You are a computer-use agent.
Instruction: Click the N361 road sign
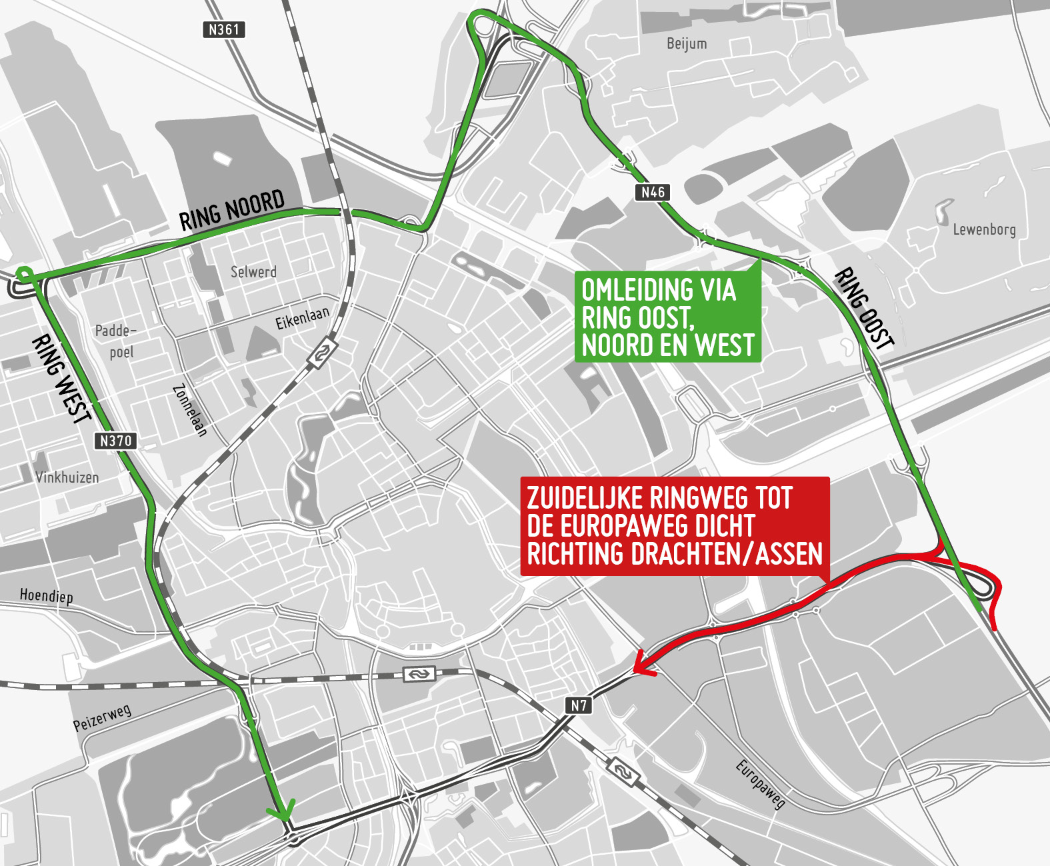click(x=223, y=29)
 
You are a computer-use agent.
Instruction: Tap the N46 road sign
click(x=653, y=192)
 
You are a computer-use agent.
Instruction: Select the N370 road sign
click(x=116, y=441)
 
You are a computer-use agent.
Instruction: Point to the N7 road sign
click(x=579, y=705)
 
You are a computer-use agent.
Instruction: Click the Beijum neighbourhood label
click(x=687, y=44)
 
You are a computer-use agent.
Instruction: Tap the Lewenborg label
click(x=984, y=230)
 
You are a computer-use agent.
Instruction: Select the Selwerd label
click(x=253, y=272)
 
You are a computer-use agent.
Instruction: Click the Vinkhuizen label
click(x=67, y=477)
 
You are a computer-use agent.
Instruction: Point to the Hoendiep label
click(x=46, y=595)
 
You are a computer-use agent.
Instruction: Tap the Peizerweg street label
click(x=102, y=718)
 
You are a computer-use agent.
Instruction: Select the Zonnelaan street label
click(x=190, y=410)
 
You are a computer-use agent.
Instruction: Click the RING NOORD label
click(x=232, y=210)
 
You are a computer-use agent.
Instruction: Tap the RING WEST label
click(x=61, y=379)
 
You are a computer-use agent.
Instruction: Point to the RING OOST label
click(x=864, y=308)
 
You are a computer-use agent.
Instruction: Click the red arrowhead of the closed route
click(x=641, y=664)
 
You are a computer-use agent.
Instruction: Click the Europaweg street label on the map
click(x=760, y=784)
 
